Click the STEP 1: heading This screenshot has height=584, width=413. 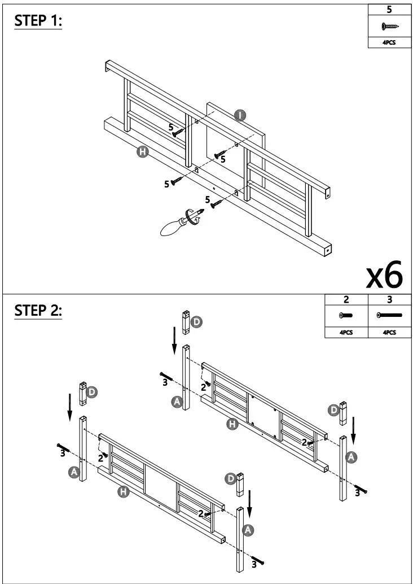click(x=37, y=21)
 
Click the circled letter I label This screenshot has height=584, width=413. click(x=240, y=115)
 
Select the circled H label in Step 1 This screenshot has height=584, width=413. click(x=143, y=151)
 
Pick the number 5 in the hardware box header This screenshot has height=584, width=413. click(x=389, y=10)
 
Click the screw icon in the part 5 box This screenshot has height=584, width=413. click(x=389, y=26)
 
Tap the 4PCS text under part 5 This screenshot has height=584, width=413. click(x=389, y=42)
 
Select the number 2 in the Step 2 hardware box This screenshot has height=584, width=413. click(x=346, y=300)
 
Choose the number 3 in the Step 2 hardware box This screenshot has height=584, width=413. click(x=389, y=300)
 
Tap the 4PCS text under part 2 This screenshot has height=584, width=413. click(x=346, y=333)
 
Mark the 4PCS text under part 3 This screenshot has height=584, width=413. click(x=389, y=333)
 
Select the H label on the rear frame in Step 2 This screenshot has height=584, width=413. click(x=231, y=425)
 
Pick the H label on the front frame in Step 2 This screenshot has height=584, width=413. click(x=124, y=492)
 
